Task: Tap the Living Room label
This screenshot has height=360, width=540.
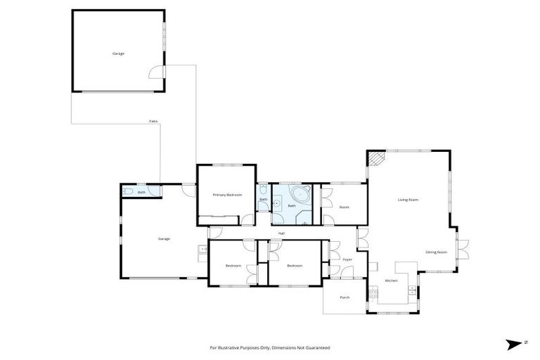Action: (x=409, y=200)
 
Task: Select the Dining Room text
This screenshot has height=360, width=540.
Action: (x=437, y=252)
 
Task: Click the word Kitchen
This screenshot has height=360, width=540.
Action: (x=391, y=281)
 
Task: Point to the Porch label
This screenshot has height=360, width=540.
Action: (x=345, y=297)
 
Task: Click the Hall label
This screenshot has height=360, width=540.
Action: (x=281, y=233)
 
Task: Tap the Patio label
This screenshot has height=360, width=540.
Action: (x=153, y=122)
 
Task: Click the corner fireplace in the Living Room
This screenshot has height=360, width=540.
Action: (x=377, y=159)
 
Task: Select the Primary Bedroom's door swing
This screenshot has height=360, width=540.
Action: (x=248, y=219)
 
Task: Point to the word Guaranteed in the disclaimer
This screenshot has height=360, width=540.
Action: (x=316, y=348)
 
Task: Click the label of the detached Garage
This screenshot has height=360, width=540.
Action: (x=118, y=53)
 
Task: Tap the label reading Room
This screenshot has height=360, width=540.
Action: (x=344, y=207)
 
